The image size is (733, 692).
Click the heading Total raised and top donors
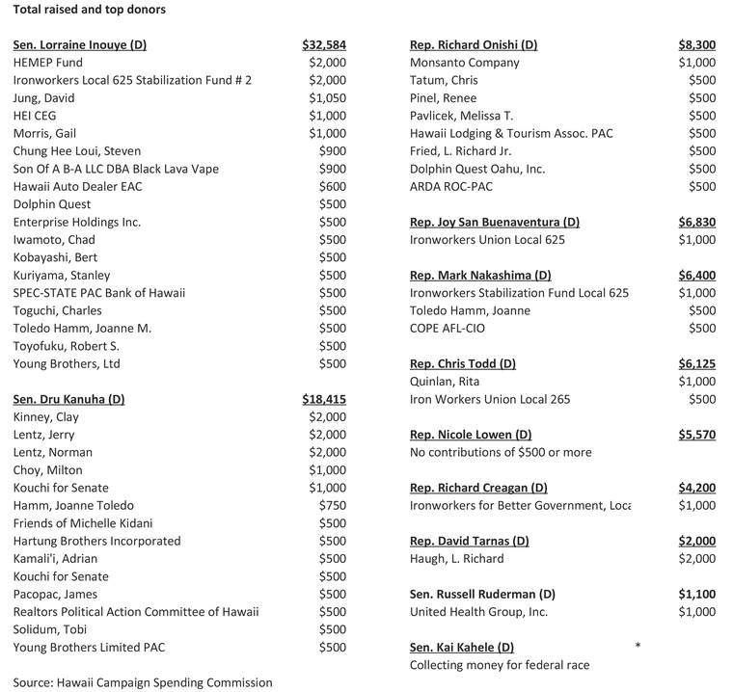point(89,10)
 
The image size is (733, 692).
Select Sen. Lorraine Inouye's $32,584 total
point(323,45)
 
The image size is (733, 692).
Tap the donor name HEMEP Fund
point(48,63)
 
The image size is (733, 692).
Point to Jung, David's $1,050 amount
point(327,98)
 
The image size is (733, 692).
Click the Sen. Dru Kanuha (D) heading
point(68,399)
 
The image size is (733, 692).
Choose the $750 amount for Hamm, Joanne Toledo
point(332,505)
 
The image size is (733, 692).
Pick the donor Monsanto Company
point(464,63)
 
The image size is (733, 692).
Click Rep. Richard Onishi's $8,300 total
point(696,45)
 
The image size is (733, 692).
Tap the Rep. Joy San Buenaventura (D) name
point(495,222)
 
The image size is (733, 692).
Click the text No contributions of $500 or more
point(501,452)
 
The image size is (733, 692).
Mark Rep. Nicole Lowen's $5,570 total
point(696,435)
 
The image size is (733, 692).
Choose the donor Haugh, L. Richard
point(456,558)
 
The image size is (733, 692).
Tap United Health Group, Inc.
point(478,611)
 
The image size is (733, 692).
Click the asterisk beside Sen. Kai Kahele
point(638,645)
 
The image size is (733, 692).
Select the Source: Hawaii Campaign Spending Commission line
point(143,682)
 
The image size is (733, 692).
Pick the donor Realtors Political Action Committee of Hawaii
point(136,611)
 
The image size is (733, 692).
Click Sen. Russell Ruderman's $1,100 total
point(696,594)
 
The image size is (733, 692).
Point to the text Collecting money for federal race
point(500,664)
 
